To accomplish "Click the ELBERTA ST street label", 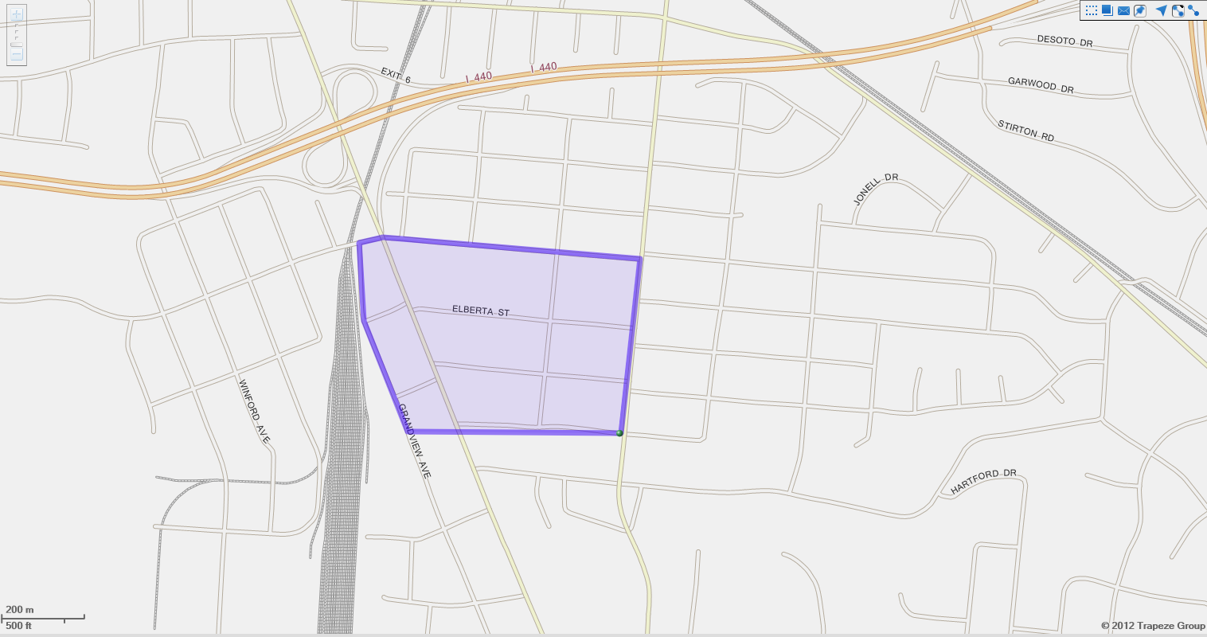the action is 481,311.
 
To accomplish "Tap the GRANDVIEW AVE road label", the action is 414,441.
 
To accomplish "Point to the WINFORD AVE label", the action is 254,411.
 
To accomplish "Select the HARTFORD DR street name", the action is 983,482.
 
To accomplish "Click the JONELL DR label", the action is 875,190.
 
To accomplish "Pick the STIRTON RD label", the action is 1025,131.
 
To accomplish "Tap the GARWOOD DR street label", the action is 1041,85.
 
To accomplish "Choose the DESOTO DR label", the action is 1064,41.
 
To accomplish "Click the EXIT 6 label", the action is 396,76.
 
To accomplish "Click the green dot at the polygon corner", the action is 619,433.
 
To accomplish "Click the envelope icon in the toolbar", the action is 1123,10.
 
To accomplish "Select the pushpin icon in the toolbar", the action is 1140,10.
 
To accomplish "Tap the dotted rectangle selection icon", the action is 1091,10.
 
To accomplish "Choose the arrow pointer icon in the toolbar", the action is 1161,10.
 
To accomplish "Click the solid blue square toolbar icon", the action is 1107,10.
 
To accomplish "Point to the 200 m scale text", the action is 20,610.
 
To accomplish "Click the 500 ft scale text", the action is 19,626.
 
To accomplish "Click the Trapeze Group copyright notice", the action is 1153,626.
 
